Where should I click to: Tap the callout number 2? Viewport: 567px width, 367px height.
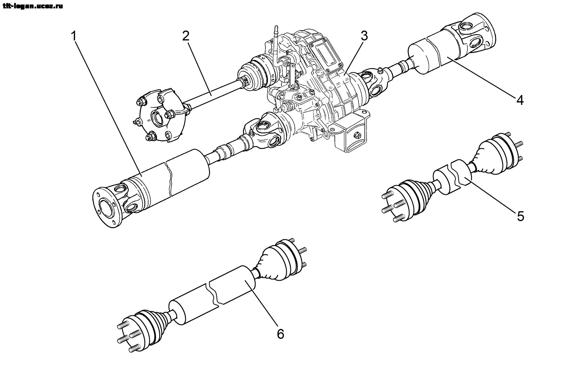click(x=186, y=36)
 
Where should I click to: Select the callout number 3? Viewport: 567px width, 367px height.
click(x=364, y=36)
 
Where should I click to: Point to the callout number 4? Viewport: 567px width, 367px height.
click(x=520, y=100)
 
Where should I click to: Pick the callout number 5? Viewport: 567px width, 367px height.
click(x=520, y=216)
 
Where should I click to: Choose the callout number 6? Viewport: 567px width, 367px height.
click(x=280, y=334)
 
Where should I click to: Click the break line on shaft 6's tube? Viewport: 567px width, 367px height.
click(x=213, y=293)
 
